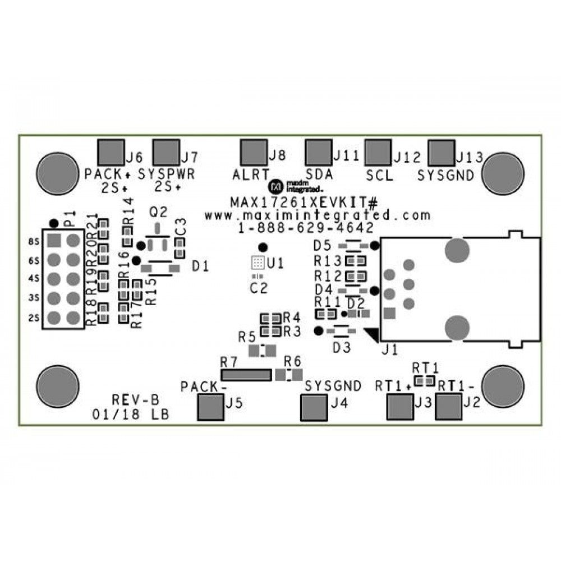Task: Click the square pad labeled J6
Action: click(111, 151)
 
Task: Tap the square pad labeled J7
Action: click(166, 151)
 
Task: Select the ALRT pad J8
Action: click(253, 151)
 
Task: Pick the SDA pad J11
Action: click(319, 151)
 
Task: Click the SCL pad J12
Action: click(377, 151)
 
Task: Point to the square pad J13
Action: click(441, 151)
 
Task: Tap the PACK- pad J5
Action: click(210, 407)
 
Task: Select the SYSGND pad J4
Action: click(314, 407)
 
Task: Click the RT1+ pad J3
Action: click(400, 407)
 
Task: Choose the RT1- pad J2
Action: click(448, 407)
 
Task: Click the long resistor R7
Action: click(245, 374)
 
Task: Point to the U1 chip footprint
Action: click(256, 262)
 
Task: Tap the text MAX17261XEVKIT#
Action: click(306, 201)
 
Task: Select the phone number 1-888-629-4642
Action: click(306, 228)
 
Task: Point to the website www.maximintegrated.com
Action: click(318, 215)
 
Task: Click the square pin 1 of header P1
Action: click(54, 241)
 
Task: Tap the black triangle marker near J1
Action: click(372, 334)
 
